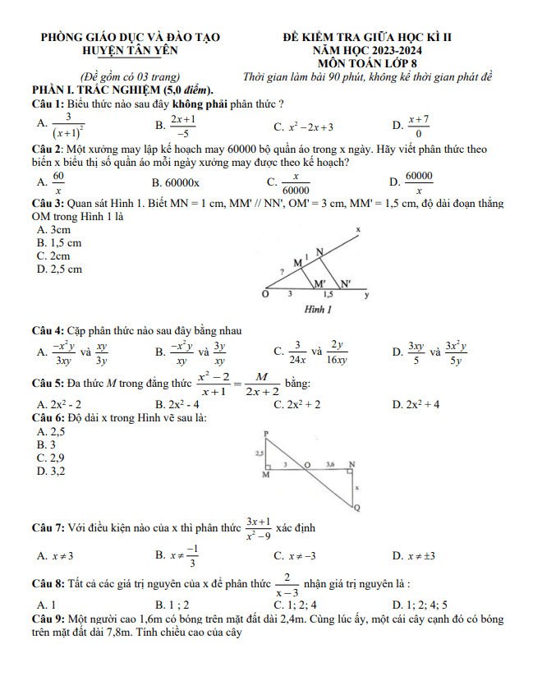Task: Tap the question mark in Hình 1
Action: (x=282, y=270)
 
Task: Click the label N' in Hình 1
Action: (x=346, y=283)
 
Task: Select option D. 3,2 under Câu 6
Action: (x=50, y=471)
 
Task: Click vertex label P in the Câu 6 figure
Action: (x=266, y=433)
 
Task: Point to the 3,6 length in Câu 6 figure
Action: (x=330, y=464)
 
